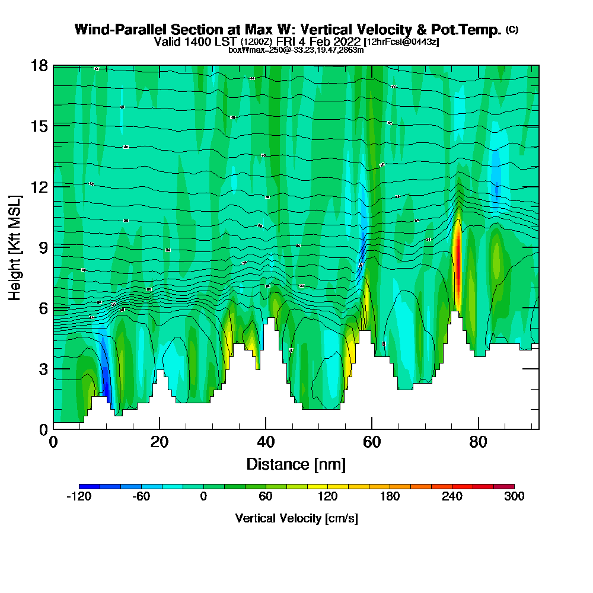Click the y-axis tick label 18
coord(39,65)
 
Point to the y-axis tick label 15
coord(39,126)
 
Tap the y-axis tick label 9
coord(43,247)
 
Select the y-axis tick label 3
coord(43,368)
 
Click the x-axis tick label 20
coord(160,442)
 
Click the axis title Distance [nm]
coord(296,464)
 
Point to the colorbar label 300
coord(514,497)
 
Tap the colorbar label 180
coord(390,497)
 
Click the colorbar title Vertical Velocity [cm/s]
coord(296,518)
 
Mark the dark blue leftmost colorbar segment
coord(89,486)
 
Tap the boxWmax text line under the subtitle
coord(296,50)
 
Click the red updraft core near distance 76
coord(457,261)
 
